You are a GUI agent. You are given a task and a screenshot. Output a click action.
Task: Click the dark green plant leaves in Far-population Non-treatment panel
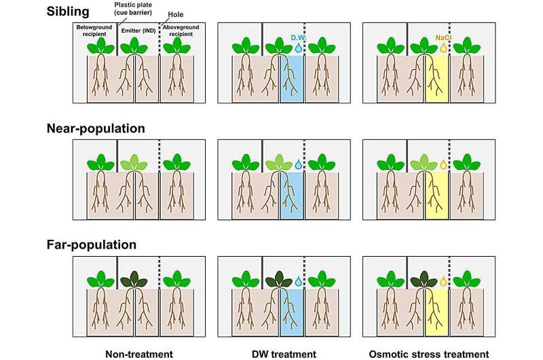tap(135, 280)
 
